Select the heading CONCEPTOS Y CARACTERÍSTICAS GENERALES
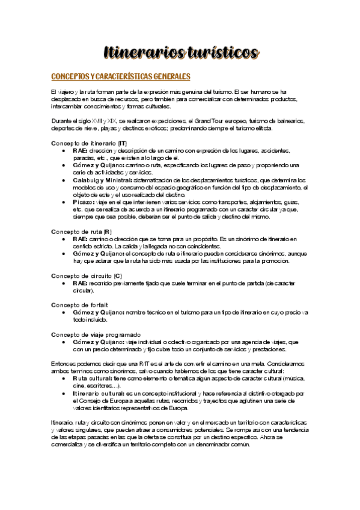coord(121,76)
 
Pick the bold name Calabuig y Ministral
coord(105,179)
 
